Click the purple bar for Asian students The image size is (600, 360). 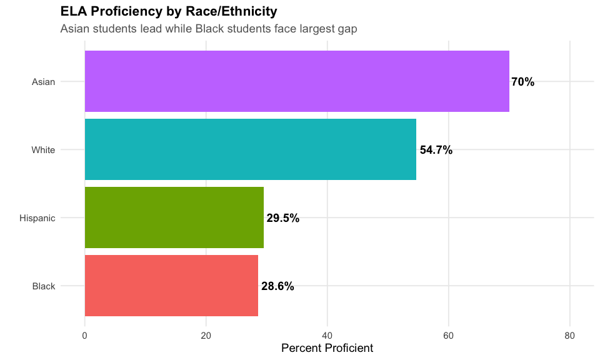(x=297, y=81)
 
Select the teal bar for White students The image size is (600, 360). (x=250, y=149)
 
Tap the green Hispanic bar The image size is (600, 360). (x=174, y=217)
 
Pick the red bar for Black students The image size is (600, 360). (x=171, y=286)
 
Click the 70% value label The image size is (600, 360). (x=522, y=82)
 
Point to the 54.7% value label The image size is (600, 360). (x=436, y=150)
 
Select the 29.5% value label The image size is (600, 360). (x=283, y=218)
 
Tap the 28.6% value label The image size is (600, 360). (x=277, y=286)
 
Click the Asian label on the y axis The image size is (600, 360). (x=44, y=82)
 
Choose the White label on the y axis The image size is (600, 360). (x=44, y=150)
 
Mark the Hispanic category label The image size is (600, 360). (x=37, y=218)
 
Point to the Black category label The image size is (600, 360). (x=44, y=286)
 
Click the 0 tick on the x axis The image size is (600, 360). (x=85, y=336)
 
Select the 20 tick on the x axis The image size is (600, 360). (x=206, y=336)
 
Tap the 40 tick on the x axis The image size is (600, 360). (x=327, y=336)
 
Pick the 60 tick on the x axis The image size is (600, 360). (x=448, y=336)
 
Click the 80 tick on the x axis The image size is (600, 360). (x=569, y=336)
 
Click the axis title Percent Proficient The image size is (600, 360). (x=327, y=348)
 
